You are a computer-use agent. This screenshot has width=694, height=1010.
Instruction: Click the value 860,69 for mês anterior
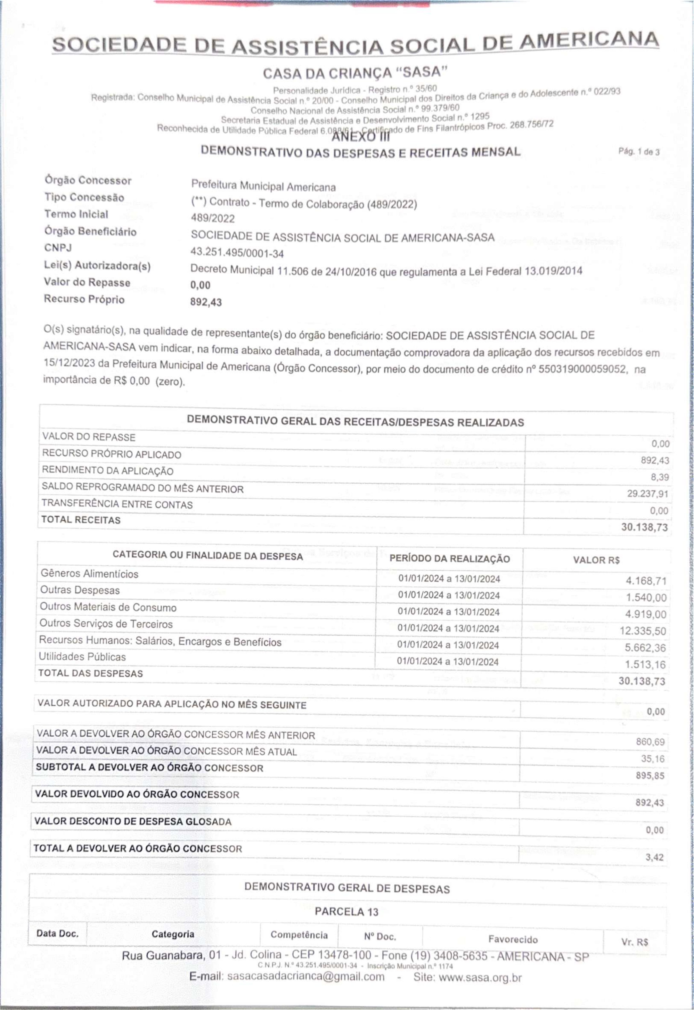click(651, 742)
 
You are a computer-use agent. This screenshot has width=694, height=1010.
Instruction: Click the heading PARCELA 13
click(346, 912)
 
